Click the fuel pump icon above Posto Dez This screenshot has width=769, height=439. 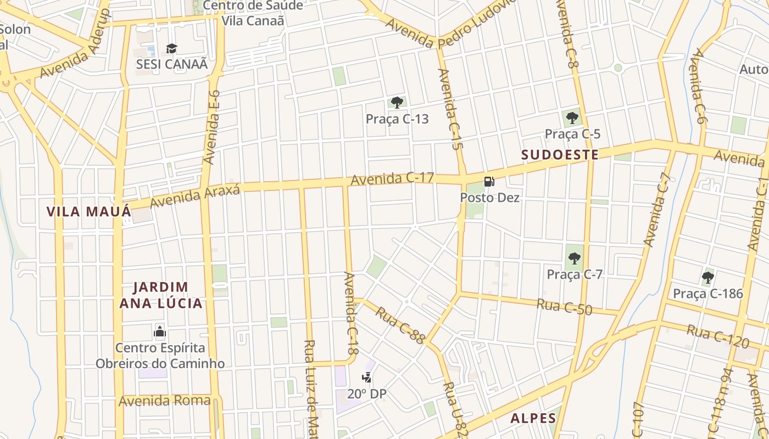pyautogui.click(x=489, y=182)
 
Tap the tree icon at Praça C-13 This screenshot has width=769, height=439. pyautogui.click(x=397, y=103)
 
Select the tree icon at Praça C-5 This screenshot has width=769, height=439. pyautogui.click(x=572, y=117)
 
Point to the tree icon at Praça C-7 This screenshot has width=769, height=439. pyautogui.click(x=575, y=258)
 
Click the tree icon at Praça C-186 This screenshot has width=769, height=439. pyautogui.click(x=707, y=278)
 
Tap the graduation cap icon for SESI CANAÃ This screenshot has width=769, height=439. pyautogui.click(x=172, y=48)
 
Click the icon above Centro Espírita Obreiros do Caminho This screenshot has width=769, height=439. pyautogui.click(x=160, y=331)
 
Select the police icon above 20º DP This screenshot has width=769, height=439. pyautogui.click(x=366, y=378)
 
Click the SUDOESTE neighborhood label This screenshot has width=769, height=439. pyautogui.click(x=560, y=155)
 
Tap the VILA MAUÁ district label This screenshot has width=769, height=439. pyautogui.click(x=88, y=212)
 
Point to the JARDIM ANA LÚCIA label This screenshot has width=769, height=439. pyautogui.click(x=161, y=295)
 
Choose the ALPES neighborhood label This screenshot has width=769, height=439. pyautogui.click(x=533, y=418)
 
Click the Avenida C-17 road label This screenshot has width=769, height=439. pyautogui.click(x=392, y=178)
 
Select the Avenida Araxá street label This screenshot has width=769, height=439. pyautogui.click(x=195, y=196)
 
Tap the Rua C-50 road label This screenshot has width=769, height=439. pyautogui.click(x=564, y=307)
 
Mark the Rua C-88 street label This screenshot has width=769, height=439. pyautogui.click(x=400, y=325)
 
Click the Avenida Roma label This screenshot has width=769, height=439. pyautogui.click(x=164, y=401)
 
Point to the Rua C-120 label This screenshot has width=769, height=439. pyautogui.click(x=717, y=336)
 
